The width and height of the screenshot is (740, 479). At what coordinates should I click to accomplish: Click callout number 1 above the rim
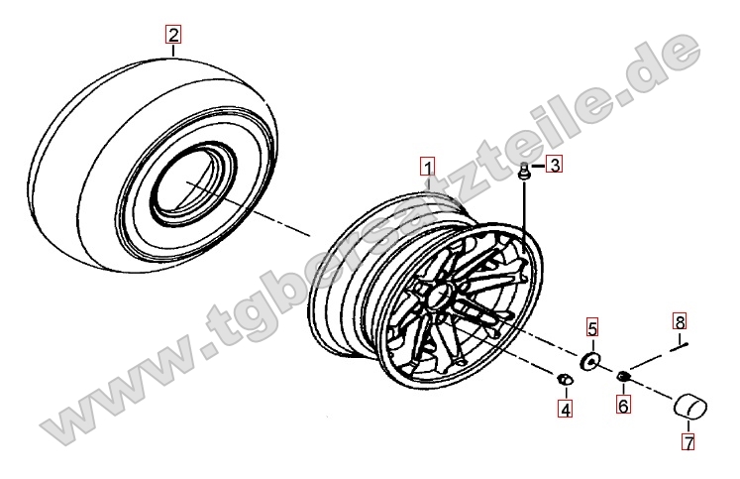[x=428, y=167]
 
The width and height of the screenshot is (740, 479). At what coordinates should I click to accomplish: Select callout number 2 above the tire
[x=173, y=35]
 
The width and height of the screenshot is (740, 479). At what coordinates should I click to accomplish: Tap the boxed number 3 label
[x=554, y=165]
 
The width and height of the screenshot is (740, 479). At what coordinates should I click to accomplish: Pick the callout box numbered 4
[x=566, y=409]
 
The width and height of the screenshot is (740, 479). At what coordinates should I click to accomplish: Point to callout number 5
[x=592, y=327]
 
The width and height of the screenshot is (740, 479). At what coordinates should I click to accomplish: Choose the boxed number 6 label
[x=623, y=406]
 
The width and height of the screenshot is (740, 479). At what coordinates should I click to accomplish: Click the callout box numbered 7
[x=689, y=442]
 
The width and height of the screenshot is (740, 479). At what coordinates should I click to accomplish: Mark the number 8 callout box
[x=680, y=322]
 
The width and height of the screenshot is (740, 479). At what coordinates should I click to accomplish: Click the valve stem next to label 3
[x=523, y=171]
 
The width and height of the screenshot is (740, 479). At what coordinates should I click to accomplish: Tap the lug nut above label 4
[x=565, y=379]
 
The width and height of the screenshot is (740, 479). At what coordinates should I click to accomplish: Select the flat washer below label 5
[x=589, y=361]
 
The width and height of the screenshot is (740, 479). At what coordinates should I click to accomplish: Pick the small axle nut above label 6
[x=623, y=376]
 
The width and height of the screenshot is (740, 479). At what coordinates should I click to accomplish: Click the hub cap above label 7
[x=689, y=406]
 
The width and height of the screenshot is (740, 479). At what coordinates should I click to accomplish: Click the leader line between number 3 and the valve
[x=539, y=166]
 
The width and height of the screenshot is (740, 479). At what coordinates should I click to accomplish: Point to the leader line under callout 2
[x=173, y=51]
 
